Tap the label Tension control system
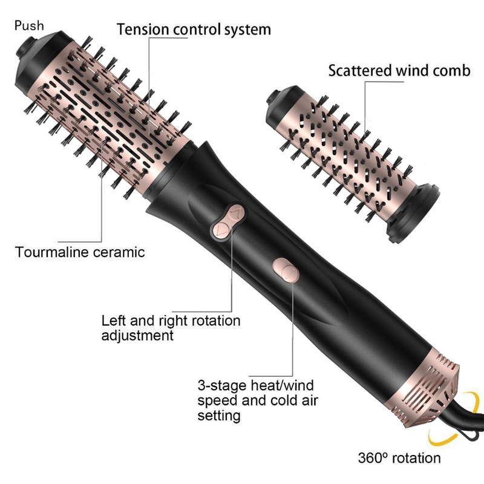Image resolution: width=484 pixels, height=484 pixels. tap(194, 29)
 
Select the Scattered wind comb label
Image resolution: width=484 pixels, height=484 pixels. tap(399, 70)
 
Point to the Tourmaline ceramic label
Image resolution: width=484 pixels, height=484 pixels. tap(80, 252)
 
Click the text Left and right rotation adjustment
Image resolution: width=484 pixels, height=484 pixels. tap(171, 327)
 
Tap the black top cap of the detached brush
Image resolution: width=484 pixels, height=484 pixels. tap(279, 100)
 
